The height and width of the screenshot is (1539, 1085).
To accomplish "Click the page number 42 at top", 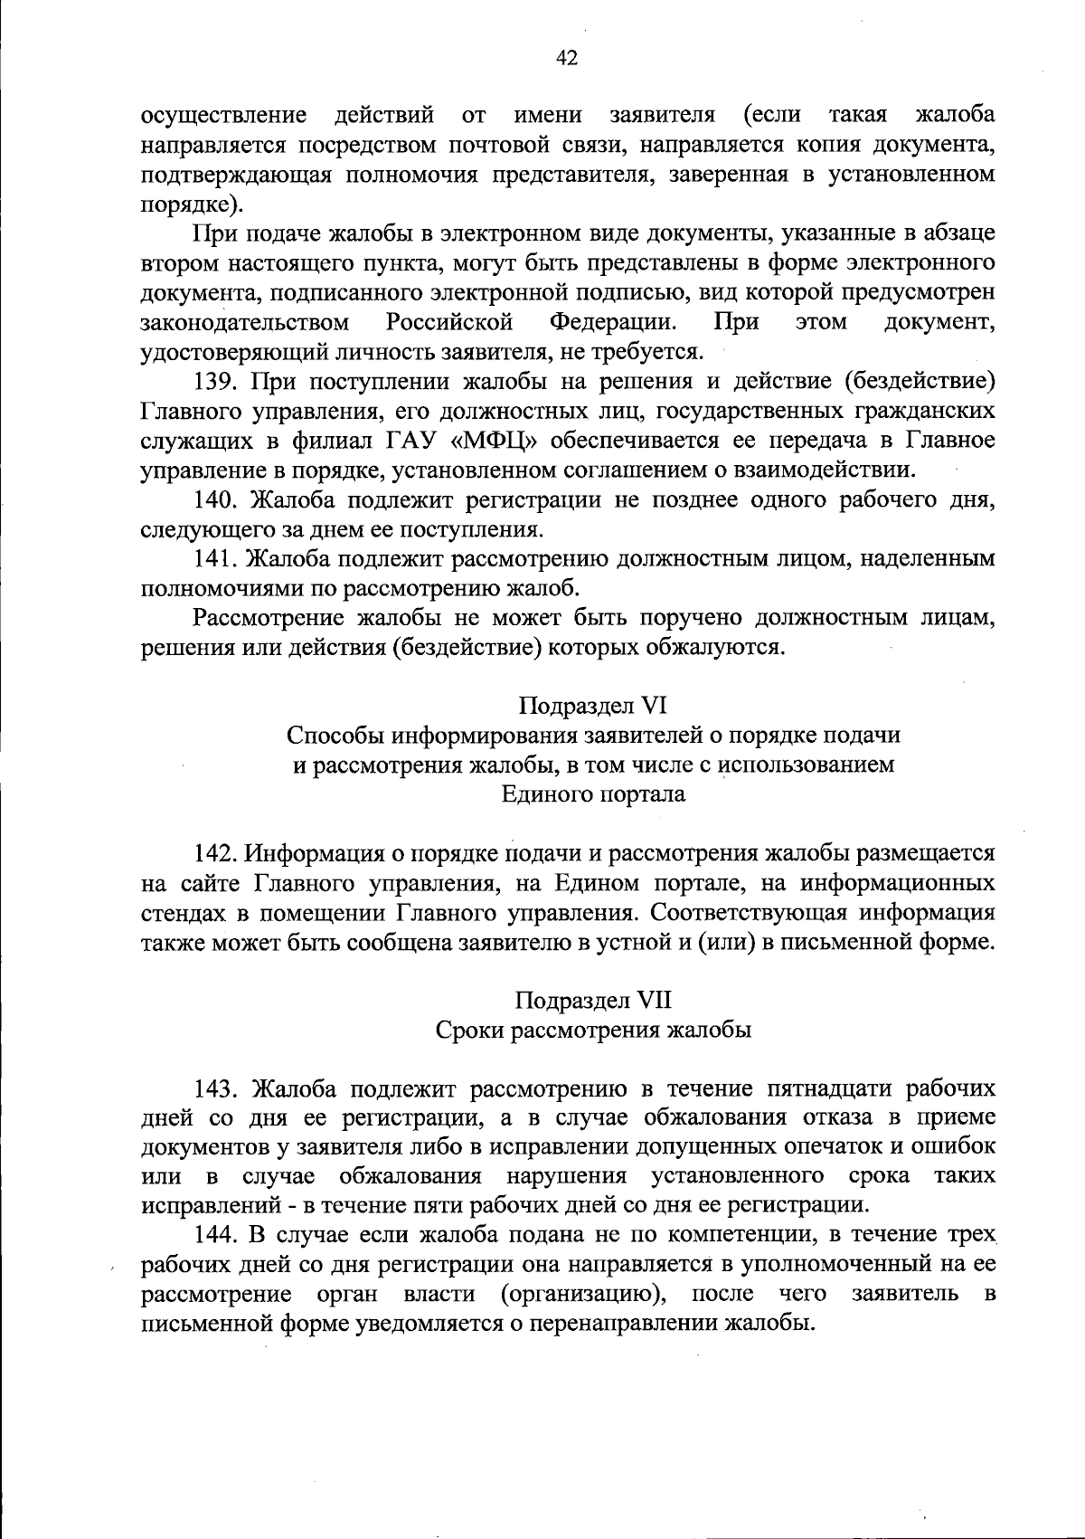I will click(566, 59).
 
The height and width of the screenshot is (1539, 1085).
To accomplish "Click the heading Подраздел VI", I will click(593, 706).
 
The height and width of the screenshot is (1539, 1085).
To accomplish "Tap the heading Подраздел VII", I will click(593, 1001).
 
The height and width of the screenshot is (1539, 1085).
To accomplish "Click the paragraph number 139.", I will click(217, 381).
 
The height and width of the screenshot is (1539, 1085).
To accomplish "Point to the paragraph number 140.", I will click(217, 499).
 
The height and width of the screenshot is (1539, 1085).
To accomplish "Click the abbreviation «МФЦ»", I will click(487, 441).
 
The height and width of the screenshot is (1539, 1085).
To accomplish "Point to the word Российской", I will click(449, 322).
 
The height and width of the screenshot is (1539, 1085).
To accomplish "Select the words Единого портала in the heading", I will click(593, 794).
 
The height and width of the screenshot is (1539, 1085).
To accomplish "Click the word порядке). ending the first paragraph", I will click(185, 204).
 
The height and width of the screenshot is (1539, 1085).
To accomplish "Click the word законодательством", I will click(245, 322).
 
